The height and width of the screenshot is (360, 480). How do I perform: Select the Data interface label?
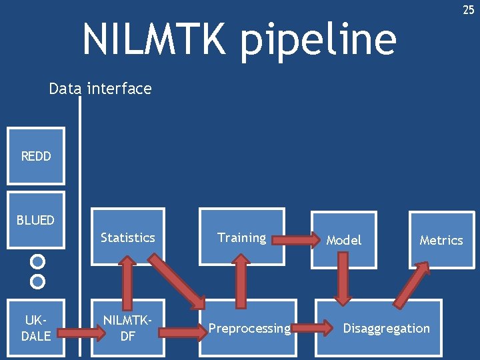coord(100,88)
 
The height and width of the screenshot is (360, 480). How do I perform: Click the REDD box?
coord(35,156)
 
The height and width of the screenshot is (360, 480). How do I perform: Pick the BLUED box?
coord(35,219)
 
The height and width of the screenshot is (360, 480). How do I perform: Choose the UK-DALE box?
coord(35,329)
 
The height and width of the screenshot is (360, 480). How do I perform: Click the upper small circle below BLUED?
coord(38,261)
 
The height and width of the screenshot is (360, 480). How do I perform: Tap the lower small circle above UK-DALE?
coord(38,281)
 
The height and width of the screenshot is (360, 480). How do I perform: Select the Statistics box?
coord(127,237)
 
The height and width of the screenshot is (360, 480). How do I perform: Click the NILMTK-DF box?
coord(127,328)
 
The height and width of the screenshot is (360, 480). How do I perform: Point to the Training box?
coord(241,237)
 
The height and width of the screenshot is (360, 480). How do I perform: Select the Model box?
coord(343,239)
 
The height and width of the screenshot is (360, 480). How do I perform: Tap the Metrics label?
coord(441,240)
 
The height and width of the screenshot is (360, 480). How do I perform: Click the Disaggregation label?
coord(387,328)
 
